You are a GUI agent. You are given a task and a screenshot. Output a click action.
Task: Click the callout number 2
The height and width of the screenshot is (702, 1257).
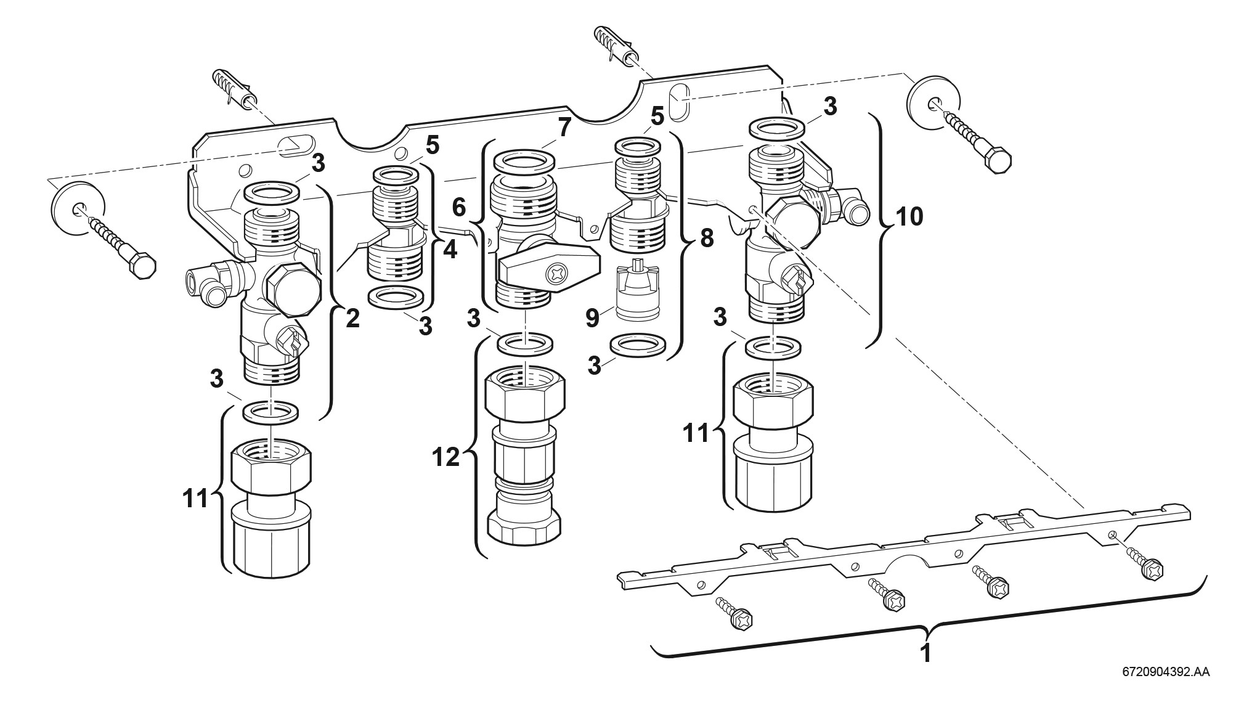click(352, 318)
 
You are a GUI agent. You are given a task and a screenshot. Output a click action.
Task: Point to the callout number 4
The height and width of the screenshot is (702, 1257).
click(450, 250)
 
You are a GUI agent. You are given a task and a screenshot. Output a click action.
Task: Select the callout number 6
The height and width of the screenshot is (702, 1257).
click(460, 208)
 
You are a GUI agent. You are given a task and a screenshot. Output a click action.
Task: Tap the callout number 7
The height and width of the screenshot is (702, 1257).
click(565, 127)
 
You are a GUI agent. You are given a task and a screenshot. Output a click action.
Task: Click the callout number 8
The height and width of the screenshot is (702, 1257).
click(706, 237)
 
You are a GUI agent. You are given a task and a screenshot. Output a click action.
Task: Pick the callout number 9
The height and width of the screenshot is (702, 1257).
click(592, 318)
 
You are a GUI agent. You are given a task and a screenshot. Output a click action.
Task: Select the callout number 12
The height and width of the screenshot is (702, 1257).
click(445, 457)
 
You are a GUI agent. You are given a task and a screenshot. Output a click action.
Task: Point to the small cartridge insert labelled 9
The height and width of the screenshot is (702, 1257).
click(635, 290)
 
